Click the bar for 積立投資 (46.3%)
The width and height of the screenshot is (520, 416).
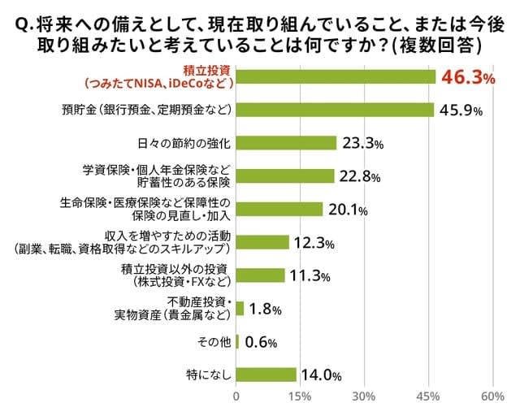click(336, 77)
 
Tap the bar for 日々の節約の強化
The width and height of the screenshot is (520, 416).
click(286, 143)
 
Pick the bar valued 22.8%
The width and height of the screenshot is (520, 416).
click(285, 175)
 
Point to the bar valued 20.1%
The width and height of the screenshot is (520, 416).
click(279, 209)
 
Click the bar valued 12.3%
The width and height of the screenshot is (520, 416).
click(262, 242)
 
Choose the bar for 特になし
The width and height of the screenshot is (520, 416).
click(266, 375)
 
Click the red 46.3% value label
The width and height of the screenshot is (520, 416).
click(466, 78)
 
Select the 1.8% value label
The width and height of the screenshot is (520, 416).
click(266, 309)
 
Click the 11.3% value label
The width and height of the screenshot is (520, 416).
click(309, 275)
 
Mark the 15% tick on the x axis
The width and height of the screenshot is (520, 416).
click(300, 396)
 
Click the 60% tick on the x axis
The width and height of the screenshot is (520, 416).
click(492, 396)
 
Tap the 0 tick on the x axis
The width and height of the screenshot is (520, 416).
click(236, 396)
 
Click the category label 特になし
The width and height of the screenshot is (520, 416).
click(209, 375)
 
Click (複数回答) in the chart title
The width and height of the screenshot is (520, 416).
click(439, 45)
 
